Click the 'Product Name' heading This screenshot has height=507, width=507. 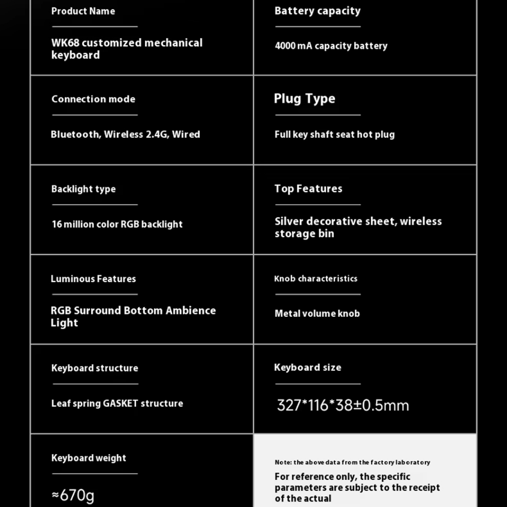point(83,11)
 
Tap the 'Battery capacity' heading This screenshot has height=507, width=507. point(317,11)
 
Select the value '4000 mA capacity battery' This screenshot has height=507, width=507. point(331,46)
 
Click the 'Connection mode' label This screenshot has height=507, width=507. point(93,99)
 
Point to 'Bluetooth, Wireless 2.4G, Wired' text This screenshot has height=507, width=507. point(125,134)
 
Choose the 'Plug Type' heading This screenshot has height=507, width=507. point(304,99)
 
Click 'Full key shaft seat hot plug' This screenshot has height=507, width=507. point(335,134)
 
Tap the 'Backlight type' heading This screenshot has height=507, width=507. point(83,189)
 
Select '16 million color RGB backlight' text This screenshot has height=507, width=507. point(117,224)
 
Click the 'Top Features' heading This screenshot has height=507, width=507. point(308,189)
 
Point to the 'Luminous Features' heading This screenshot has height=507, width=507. point(93,279)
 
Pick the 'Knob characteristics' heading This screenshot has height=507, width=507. point(315,279)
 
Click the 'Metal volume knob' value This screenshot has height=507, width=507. point(317,313)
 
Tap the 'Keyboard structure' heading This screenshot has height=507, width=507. point(95,368)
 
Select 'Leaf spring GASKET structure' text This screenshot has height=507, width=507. point(117,404)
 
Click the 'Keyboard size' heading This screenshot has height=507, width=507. point(307,367)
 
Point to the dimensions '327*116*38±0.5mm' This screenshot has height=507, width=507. point(343,406)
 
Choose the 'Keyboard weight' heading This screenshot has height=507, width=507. point(89,458)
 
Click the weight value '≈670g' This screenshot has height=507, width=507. point(73,495)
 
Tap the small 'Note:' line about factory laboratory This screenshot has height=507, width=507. point(353,462)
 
